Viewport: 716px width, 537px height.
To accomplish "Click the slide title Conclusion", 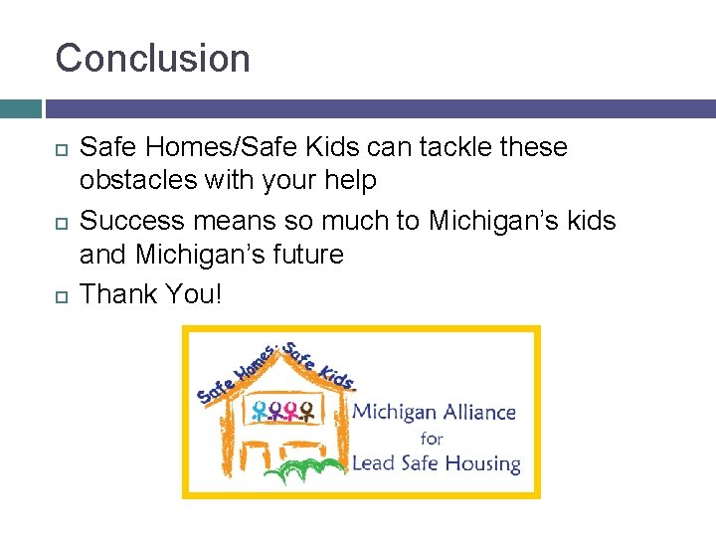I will (153, 59).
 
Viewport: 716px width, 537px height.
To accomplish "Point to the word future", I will (305, 255).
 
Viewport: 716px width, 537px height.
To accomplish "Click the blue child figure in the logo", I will (260, 411).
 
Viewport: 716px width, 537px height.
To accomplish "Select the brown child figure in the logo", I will (307, 411).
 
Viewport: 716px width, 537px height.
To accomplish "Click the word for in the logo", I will (432, 438).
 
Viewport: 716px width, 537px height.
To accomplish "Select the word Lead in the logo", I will (375, 463).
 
